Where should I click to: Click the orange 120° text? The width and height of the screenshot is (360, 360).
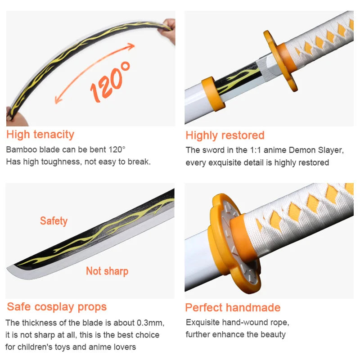click(110, 81)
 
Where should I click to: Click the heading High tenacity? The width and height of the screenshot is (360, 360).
click(40, 134)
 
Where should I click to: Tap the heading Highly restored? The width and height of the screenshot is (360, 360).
click(225, 135)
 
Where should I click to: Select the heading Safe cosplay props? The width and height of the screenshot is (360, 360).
click(57, 307)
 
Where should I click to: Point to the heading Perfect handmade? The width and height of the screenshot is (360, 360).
click(233, 308)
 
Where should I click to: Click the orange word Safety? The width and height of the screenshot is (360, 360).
click(54, 221)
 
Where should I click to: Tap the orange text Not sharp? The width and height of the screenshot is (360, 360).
click(107, 271)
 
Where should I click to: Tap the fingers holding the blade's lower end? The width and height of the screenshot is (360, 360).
click(15, 118)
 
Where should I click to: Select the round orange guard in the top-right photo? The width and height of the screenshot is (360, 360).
click(280, 61)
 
